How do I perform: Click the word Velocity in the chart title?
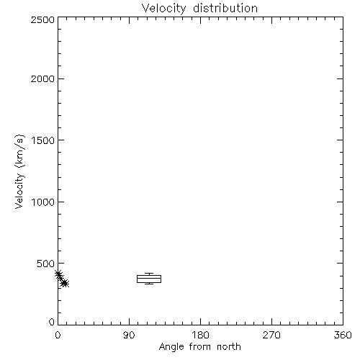(163, 9)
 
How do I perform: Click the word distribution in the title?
(225, 8)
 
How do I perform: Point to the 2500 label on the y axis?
(42, 20)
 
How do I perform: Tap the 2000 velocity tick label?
(42, 78)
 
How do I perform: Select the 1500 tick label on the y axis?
(43, 140)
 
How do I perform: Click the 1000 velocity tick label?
(43, 202)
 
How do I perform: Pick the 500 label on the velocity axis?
(46, 264)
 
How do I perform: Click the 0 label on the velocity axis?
(52, 322)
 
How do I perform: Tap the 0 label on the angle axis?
(58, 335)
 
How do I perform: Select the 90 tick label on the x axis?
(129, 335)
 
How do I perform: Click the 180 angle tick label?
(200, 335)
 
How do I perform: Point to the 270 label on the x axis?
(271, 335)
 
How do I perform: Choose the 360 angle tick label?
(343, 335)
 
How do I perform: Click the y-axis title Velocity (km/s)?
(19, 171)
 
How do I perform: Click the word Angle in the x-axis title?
(171, 347)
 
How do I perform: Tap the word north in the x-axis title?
(229, 346)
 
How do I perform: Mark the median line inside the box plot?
(149, 279)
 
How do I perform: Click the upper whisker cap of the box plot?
(149, 274)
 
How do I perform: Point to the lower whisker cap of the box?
(149, 284)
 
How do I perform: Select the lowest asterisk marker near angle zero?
(65, 284)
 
